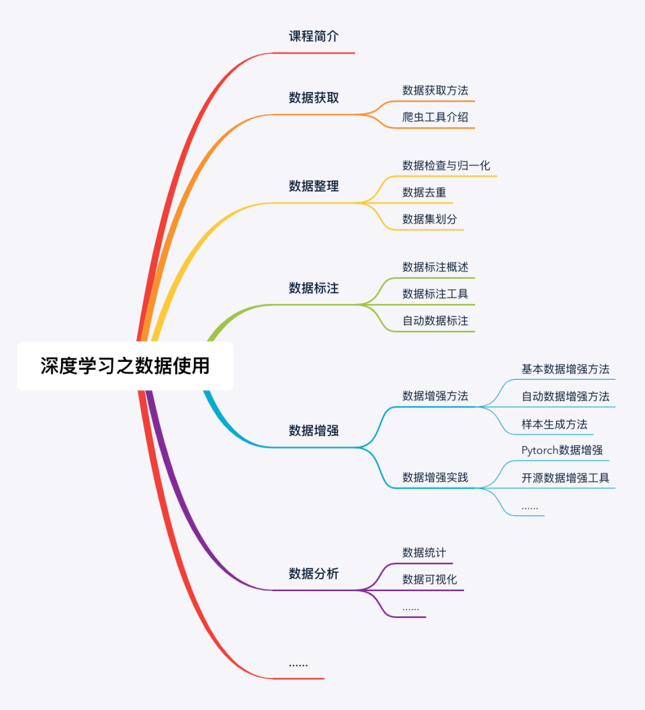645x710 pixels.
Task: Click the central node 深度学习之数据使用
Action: (x=125, y=365)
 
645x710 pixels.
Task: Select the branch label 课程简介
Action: (x=314, y=36)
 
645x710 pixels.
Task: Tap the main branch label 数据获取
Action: (x=314, y=97)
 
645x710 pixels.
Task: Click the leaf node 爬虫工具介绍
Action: (x=435, y=117)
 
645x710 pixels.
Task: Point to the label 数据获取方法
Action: (x=435, y=90)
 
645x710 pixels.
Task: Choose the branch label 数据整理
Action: (x=314, y=186)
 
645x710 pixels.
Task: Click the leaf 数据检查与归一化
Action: (x=446, y=165)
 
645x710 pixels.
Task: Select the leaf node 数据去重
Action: (x=424, y=192)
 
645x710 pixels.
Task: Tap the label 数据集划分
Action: (x=429, y=219)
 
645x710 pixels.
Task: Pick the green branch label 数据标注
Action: (x=314, y=288)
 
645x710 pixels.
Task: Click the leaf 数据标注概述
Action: (x=435, y=267)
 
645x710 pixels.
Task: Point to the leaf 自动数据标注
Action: (x=435, y=321)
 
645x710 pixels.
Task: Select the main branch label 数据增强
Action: (x=314, y=430)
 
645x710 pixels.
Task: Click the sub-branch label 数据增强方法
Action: (x=435, y=396)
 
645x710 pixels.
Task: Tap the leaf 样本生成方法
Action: (x=554, y=424)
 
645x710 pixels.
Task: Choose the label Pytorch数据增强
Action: (x=562, y=450)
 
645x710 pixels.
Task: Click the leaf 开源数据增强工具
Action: (x=565, y=478)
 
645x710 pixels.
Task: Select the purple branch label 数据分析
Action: (x=314, y=573)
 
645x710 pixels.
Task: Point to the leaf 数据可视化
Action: (x=429, y=579)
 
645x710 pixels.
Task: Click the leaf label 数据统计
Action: (x=424, y=552)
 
